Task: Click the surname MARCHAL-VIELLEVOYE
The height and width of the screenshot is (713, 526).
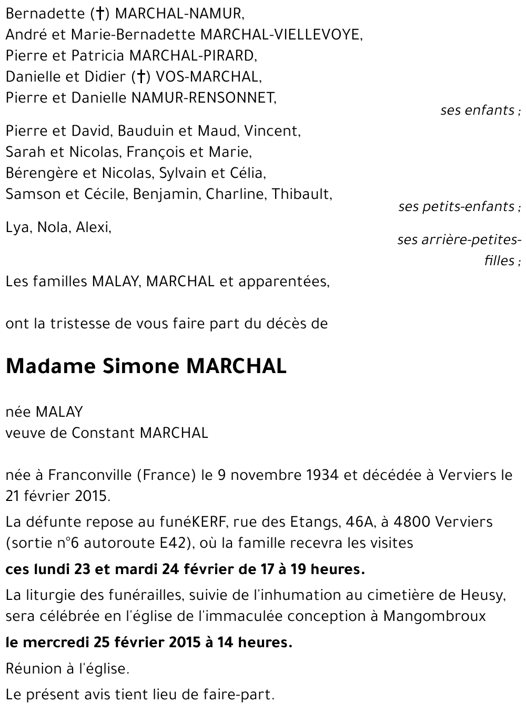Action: point(281,35)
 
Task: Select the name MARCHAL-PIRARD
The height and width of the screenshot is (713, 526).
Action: point(193,56)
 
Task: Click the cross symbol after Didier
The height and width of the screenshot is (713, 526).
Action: point(140,77)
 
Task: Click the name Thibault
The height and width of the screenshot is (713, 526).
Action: point(301,194)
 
